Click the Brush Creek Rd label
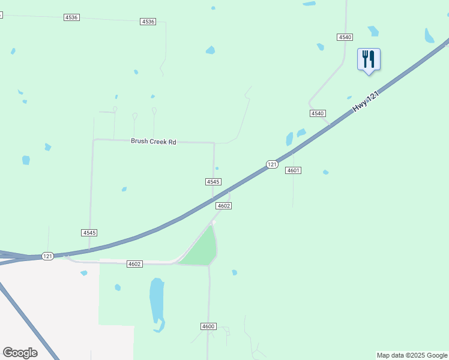point(154,142)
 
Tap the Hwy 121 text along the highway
point(367,97)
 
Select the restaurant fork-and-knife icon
point(369,59)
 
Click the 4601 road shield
point(293,170)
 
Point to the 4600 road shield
point(208,326)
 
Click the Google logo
point(20,353)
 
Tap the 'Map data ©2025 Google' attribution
point(412,355)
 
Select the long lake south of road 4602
point(157,301)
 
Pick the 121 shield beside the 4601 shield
point(272,164)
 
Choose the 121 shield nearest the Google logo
point(48,256)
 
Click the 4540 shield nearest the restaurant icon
point(345,37)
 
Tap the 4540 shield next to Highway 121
point(318,113)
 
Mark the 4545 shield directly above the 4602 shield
point(213,181)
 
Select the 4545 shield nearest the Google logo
point(89,232)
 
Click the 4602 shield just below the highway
point(224,206)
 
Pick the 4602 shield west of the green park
point(134,264)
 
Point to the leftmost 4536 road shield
point(71,17)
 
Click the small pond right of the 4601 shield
point(325,172)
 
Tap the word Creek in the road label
point(154,142)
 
